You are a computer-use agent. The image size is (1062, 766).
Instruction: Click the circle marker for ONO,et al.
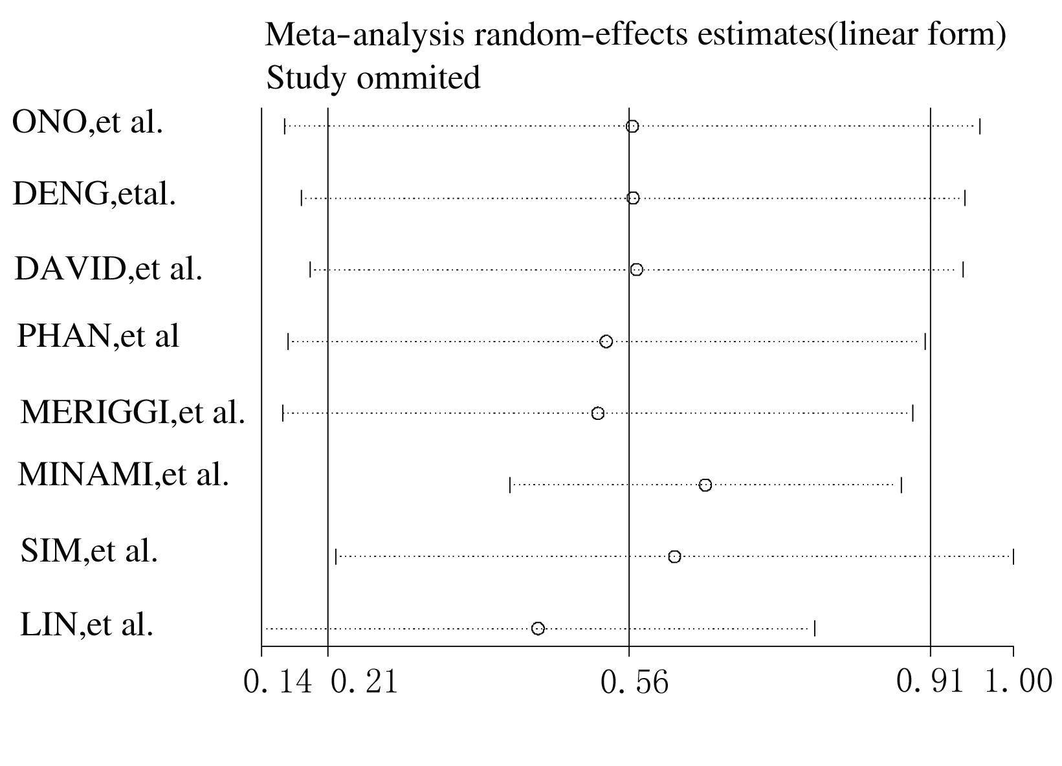(x=632, y=126)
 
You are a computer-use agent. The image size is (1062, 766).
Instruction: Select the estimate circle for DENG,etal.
(x=633, y=198)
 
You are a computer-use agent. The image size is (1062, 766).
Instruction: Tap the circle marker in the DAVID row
(x=637, y=270)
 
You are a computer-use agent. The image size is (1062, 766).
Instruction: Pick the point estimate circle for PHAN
(x=606, y=342)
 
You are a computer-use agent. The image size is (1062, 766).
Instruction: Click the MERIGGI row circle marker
(x=598, y=413)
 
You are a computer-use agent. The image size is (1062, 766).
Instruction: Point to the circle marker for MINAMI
(x=705, y=485)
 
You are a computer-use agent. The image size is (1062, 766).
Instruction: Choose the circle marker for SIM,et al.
(x=674, y=557)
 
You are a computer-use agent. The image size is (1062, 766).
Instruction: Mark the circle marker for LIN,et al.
(x=538, y=628)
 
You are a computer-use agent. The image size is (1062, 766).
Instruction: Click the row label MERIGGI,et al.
(x=133, y=412)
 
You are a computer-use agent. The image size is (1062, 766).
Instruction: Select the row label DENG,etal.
(x=94, y=194)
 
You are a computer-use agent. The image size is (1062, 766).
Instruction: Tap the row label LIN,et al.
(x=87, y=625)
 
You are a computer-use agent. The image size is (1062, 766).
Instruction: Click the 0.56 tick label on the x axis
(x=634, y=682)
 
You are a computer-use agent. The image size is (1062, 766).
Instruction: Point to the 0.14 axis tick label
(x=278, y=682)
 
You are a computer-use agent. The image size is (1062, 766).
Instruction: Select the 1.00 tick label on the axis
(x=1018, y=682)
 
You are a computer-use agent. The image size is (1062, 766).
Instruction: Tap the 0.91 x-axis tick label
(x=930, y=682)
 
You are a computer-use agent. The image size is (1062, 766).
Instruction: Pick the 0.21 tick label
(x=364, y=682)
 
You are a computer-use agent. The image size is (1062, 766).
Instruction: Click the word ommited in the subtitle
(x=418, y=78)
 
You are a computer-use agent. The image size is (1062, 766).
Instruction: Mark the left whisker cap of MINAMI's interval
(x=510, y=485)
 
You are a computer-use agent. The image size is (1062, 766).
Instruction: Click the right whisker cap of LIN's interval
(x=815, y=628)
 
